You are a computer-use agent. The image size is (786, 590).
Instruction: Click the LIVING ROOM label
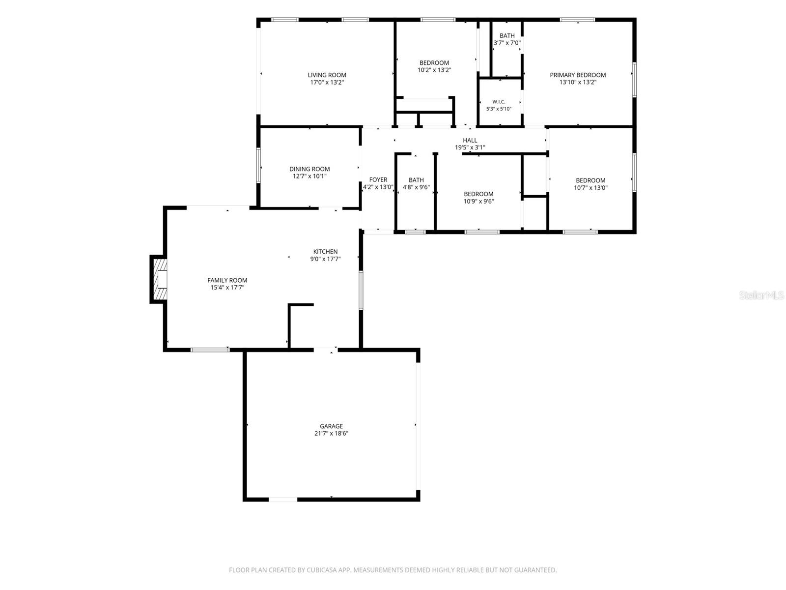click(327, 75)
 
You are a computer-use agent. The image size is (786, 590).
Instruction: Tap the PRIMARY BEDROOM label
click(578, 75)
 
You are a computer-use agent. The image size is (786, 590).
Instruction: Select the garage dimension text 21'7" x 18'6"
click(331, 433)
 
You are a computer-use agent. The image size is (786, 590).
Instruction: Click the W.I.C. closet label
click(499, 102)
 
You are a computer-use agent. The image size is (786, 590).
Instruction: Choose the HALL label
click(470, 140)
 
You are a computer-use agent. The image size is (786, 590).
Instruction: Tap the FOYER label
click(378, 180)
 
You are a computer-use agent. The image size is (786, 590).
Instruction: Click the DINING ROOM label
click(309, 169)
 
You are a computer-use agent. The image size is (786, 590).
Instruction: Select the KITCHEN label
click(325, 251)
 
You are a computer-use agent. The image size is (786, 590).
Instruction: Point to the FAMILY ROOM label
click(227, 280)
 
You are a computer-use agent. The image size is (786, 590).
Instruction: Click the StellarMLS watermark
click(761, 295)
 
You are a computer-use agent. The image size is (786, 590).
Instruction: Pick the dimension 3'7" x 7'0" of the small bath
click(507, 43)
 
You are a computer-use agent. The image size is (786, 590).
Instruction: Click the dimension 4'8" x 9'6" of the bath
click(416, 187)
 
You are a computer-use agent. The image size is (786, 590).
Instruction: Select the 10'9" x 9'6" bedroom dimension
click(478, 201)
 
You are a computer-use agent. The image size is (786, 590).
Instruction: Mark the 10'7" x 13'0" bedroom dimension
click(590, 187)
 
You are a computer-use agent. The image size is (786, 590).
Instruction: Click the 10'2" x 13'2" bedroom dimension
click(434, 70)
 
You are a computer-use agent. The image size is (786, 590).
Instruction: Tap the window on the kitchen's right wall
click(361, 290)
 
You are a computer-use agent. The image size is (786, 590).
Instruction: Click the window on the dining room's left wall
click(258, 166)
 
